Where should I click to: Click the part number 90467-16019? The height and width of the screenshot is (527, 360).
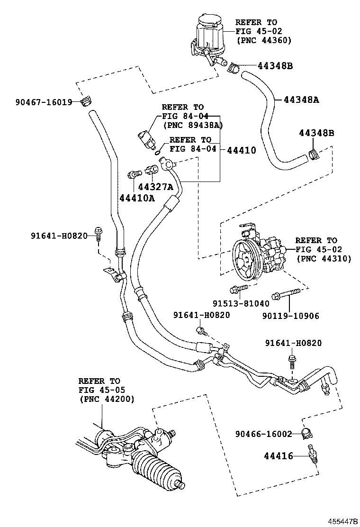click(x=44, y=102)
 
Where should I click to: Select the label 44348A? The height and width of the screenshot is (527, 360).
click(x=301, y=100)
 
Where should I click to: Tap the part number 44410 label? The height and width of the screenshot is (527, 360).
click(x=242, y=150)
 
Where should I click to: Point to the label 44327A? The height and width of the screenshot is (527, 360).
click(x=155, y=187)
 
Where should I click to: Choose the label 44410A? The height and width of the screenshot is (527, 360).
click(x=137, y=198)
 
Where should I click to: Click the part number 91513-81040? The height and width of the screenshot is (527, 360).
click(x=241, y=303)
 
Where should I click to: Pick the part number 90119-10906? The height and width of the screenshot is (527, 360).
click(x=291, y=316)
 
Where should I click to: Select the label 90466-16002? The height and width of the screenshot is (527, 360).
click(x=264, y=434)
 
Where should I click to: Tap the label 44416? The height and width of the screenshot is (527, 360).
click(x=279, y=456)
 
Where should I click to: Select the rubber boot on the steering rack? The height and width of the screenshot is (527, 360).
click(x=156, y=469)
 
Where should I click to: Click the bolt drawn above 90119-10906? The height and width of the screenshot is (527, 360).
click(x=285, y=294)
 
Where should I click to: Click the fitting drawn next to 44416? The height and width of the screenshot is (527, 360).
click(x=313, y=455)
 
